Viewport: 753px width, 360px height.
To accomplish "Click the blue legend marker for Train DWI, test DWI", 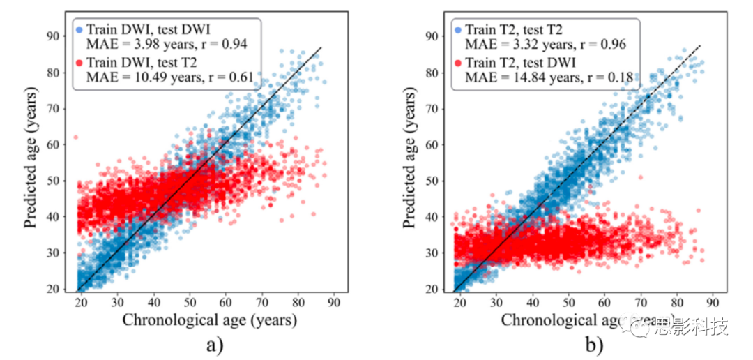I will tap(79, 29).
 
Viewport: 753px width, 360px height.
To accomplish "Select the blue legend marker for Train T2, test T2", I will tap(457, 29).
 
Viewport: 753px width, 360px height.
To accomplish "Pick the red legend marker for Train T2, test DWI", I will tap(457, 63).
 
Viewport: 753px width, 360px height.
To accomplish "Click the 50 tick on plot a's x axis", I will tap(190, 302).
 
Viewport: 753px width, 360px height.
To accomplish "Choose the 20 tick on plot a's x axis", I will tap(81, 302).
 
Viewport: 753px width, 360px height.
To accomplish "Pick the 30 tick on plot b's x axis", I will tap(496, 302).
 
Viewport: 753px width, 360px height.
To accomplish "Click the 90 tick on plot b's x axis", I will tap(713, 302).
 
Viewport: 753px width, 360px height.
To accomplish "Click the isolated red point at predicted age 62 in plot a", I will tap(75, 137).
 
